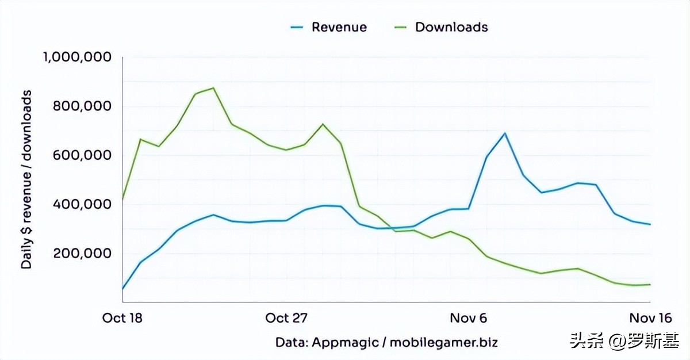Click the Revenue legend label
pos(339,27)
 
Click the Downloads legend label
pos(451,27)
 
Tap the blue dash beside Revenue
pos(297,27)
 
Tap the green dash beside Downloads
pos(401,27)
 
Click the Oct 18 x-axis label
pos(122,318)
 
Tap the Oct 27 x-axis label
pos(286,318)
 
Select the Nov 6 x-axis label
pos(467,318)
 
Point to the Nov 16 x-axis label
pos(650,318)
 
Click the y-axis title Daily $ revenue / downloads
pos(26,179)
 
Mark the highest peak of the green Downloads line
pos(213,88)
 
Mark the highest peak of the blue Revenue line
pos(505,133)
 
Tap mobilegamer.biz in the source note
pos(443,342)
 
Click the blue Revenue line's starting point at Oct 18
pos(123,289)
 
